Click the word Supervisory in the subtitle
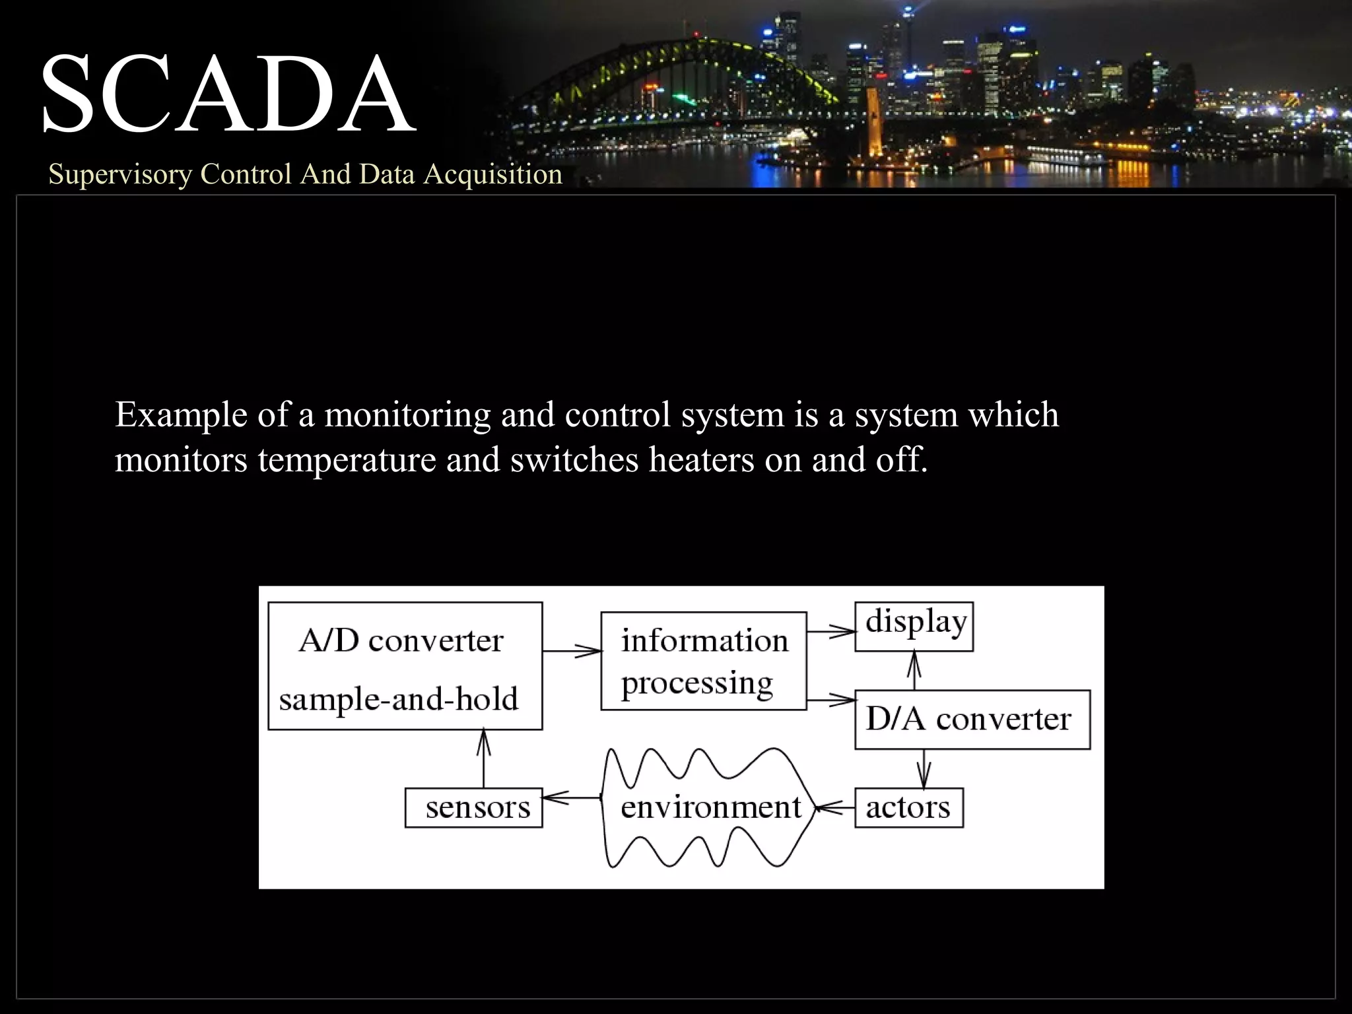coord(119,174)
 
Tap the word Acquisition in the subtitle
coord(492,174)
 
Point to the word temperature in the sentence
coord(347,459)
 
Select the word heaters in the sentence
coord(701,459)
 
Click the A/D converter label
coord(401,640)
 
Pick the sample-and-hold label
coord(398,699)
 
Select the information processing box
coord(703,661)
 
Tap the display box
coord(914,626)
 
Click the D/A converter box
coord(972,720)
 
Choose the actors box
coord(908,807)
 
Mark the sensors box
coord(474,807)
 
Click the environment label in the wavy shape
coord(710,807)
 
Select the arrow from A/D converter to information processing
coord(572,652)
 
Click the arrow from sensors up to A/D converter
coord(484,759)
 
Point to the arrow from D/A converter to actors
coord(924,768)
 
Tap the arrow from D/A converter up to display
coord(914,671)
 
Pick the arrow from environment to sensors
coord(571,798)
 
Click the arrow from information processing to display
coord(830,632)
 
